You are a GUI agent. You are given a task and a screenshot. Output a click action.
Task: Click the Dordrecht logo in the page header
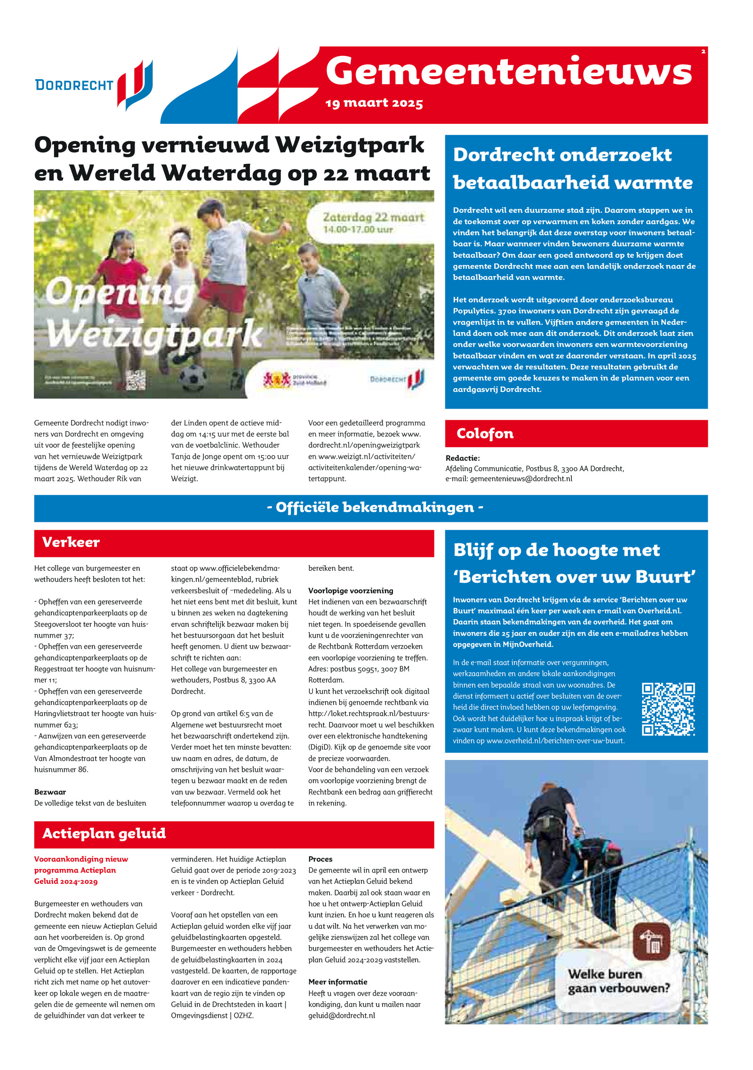tap(94, 85)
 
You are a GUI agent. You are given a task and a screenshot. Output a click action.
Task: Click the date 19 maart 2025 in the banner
tap(374, 103)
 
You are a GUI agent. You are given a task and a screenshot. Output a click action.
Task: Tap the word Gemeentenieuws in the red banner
tap(508, 72)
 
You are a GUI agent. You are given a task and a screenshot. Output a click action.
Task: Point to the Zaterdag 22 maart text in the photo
tap(373, 217)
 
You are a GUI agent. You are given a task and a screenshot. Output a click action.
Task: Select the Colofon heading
tap(485, 433)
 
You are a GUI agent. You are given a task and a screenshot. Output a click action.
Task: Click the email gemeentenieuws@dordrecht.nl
tap(521, 479)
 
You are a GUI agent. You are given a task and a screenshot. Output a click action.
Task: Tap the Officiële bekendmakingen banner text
tap(375, 507)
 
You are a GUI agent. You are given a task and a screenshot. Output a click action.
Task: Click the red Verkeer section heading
tap(71, 542)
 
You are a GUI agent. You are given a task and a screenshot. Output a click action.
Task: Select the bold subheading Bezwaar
tap(50, 792)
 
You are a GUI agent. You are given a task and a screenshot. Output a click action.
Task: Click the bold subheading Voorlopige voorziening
tap(351, 591)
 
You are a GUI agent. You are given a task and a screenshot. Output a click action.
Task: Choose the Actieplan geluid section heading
tap(104, 833)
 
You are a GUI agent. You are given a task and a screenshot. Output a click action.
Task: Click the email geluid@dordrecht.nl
tap(342, 1015)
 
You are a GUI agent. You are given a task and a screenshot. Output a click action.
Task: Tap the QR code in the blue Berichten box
tap(668, 709)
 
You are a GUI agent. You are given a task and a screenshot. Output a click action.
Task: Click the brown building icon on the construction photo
tap(651, 941)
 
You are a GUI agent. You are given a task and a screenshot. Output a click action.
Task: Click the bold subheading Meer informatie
tap(338, 982)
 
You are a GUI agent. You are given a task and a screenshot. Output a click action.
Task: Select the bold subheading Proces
tap(320, 859)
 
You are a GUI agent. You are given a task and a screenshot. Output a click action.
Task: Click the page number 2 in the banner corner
tap(703, 52)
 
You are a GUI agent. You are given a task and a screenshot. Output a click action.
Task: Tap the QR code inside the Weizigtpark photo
tap(136, 380)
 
